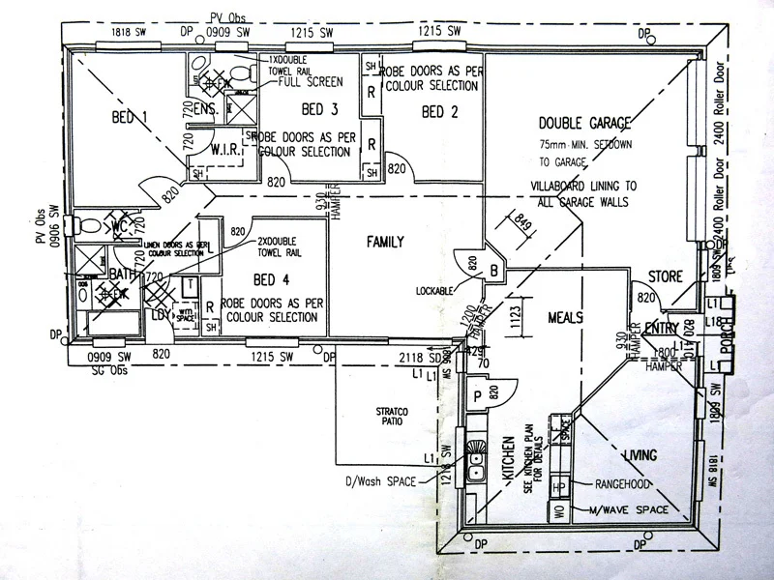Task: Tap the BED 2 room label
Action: [x=440, y=111]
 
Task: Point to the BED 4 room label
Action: [x=271, y=280]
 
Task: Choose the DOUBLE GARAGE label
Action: [x=584, y=124]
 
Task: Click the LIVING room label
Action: [x=640, y=454]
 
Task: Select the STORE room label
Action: [x=666, y=276]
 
